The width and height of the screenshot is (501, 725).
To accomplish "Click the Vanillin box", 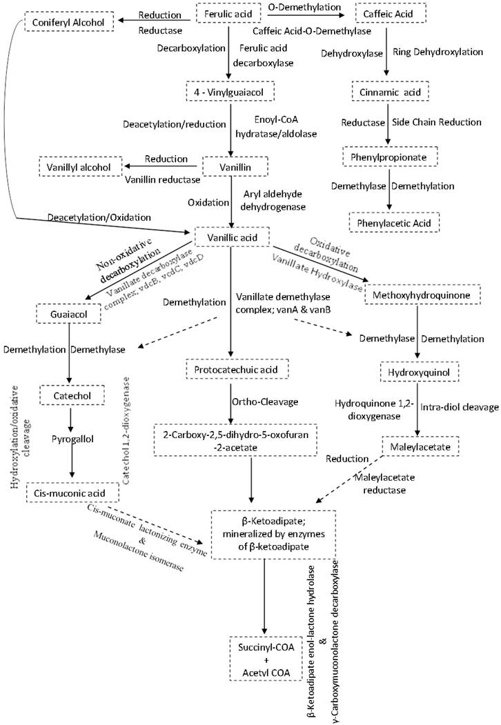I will coord(229,166).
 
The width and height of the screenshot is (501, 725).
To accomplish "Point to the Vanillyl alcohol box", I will coord(79,166).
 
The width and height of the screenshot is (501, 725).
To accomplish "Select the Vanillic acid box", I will coord(229,237).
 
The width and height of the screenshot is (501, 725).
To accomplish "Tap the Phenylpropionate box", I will coord(386,156).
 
